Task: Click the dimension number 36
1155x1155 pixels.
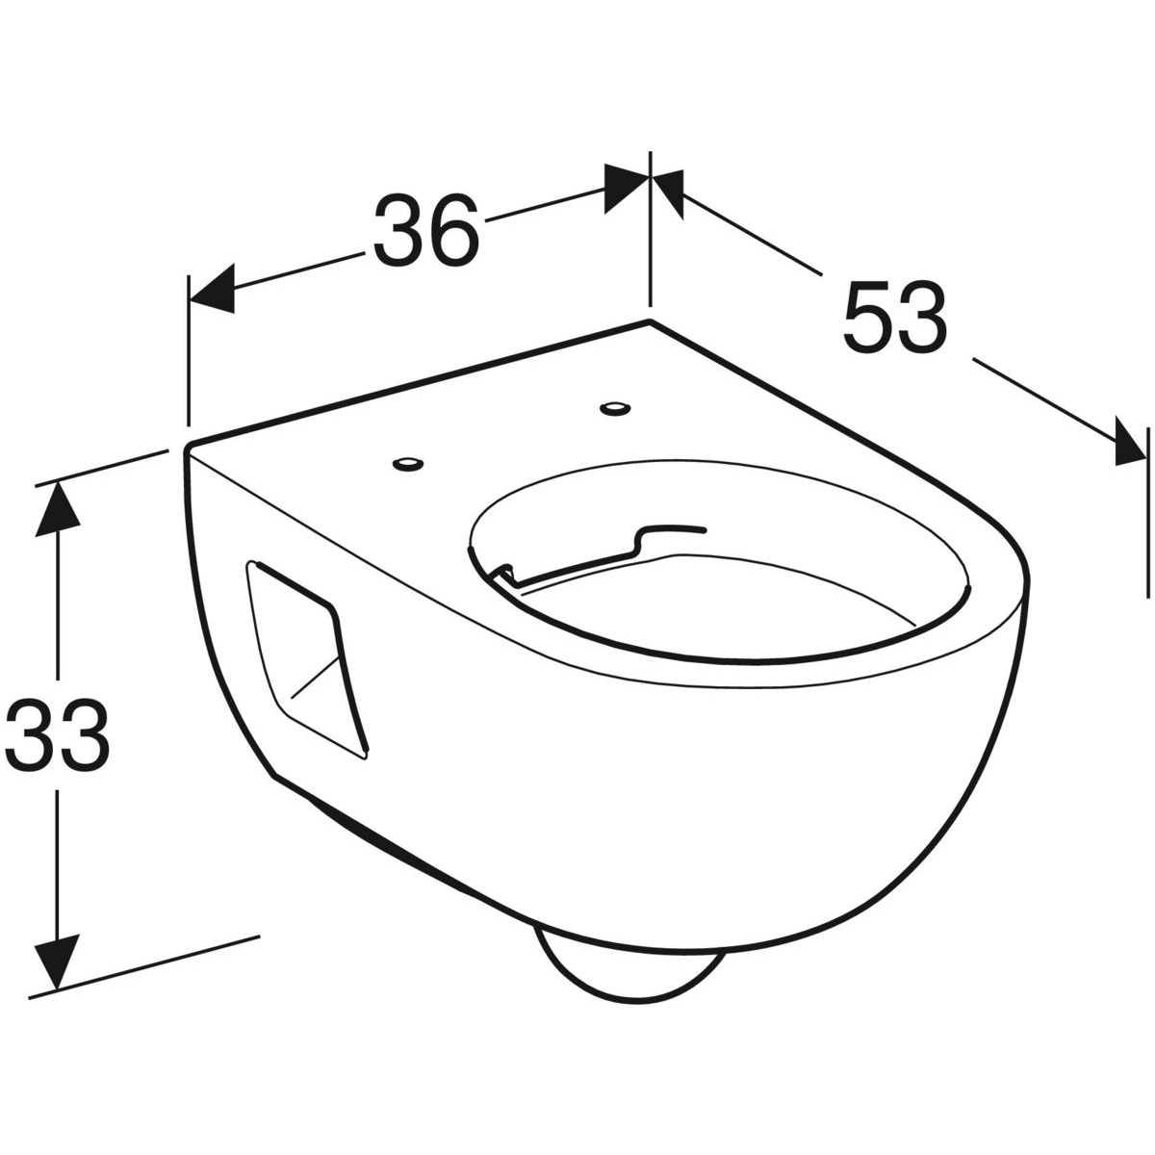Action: point(426,231)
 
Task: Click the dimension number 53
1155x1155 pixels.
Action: point(894,317)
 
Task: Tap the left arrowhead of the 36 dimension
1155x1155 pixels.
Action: point(211,292)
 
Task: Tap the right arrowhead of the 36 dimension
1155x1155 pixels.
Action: point(628,188)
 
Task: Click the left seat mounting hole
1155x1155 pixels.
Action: point(408,465)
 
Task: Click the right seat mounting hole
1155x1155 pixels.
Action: point(612,409)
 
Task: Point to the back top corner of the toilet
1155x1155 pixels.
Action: point(651,320)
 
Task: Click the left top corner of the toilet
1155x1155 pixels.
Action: point(189,447)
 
